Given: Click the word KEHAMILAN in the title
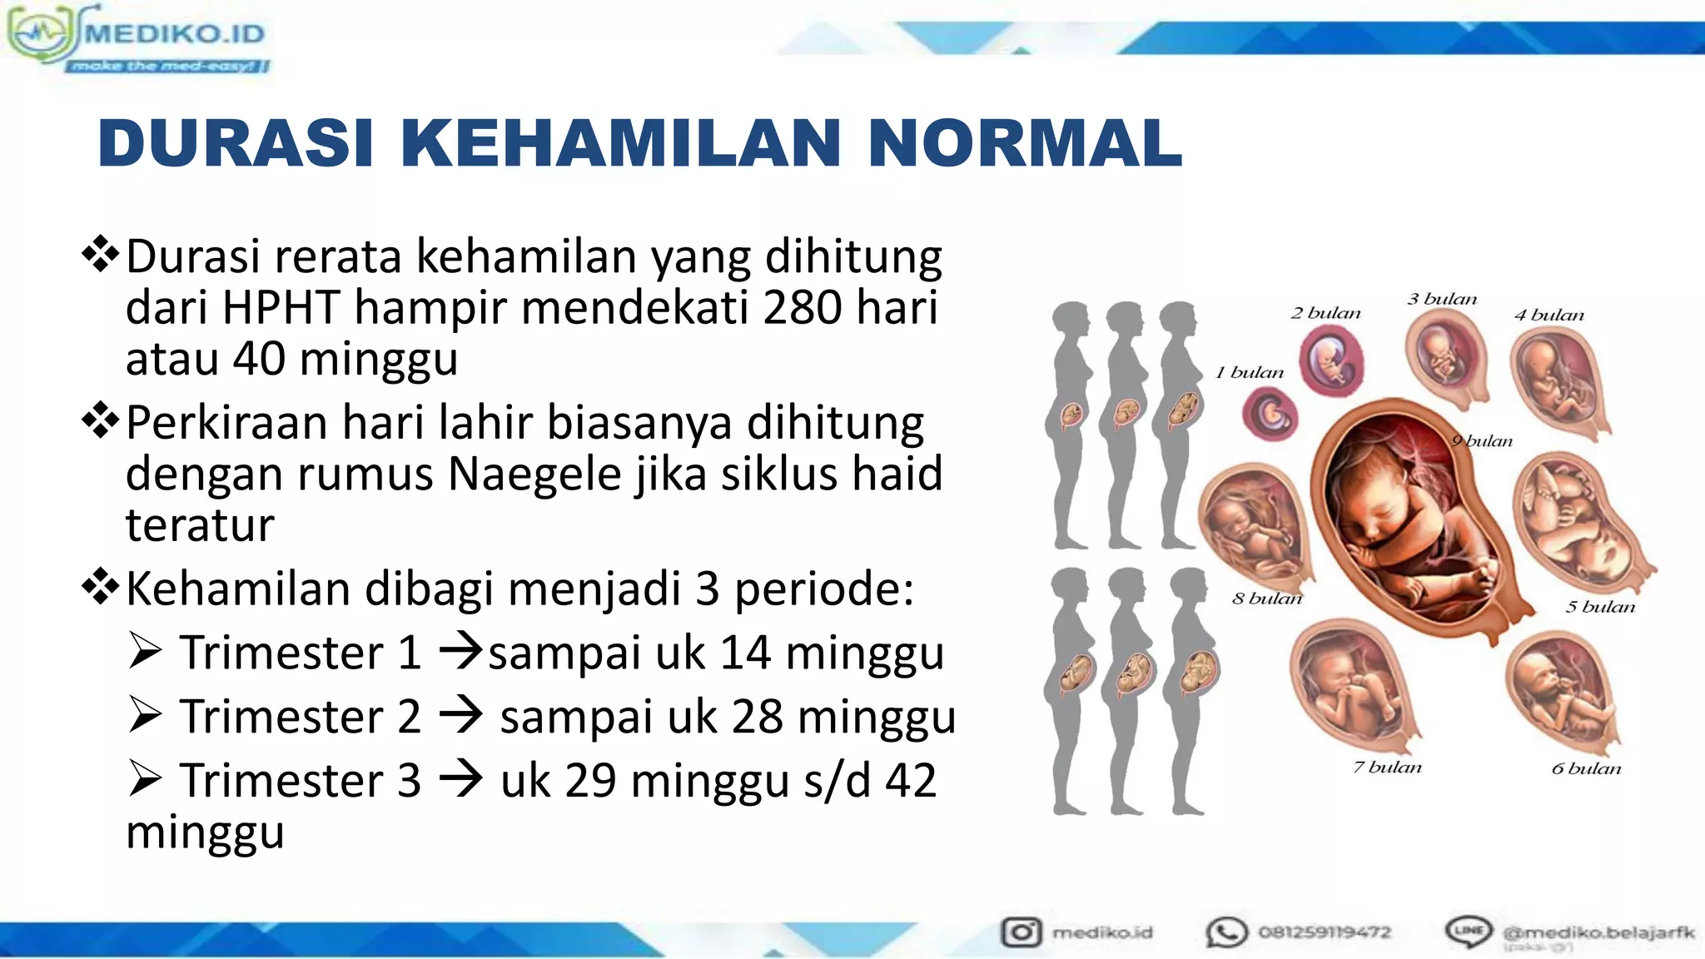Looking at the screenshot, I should [x=619, y=143].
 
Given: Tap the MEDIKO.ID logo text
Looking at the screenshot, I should [x=175, y=34].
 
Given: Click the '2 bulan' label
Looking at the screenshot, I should [x=1325, y=314].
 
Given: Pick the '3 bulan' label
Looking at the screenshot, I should [x=1442, y=299].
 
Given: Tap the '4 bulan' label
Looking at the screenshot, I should [x=1548, y=316].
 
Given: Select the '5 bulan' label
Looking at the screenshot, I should [x=1599, y=607].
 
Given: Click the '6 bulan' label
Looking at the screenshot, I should [x=1586, y=768].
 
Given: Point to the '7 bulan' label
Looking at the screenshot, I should [x=1387, y=767].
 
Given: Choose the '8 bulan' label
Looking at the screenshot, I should [x=1266, y=599].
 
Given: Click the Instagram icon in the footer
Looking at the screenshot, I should [x=1021, y=932].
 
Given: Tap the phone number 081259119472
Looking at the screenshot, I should [x=1324, y=932].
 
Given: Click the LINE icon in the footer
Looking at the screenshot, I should [x=1469, y=930].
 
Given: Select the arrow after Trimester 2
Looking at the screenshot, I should [x=460, y=715].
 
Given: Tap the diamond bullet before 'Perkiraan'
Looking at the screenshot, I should [x=101, y=421].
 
